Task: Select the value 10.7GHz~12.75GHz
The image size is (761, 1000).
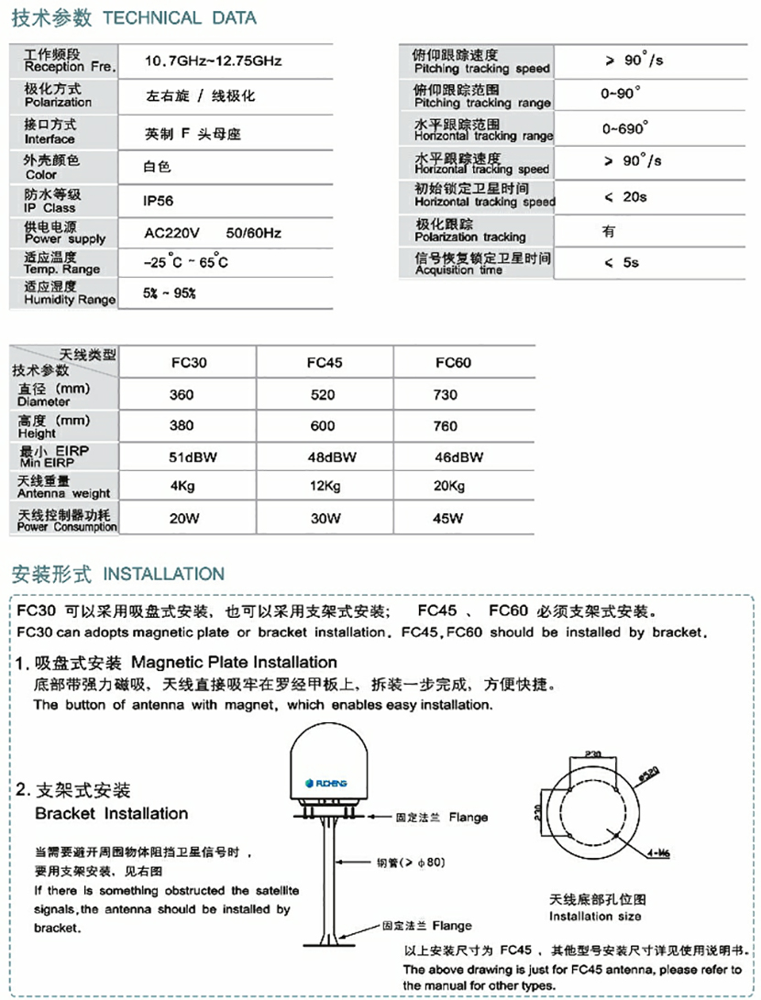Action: pos(213,61)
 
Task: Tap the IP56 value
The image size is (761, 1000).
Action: pos(159,201)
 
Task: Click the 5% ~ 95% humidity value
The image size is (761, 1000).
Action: pos(171,294)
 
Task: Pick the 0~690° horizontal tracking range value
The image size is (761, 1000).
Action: pos(625,128)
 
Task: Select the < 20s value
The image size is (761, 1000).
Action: pos(625,196)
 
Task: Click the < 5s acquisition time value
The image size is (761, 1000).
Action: pos(622,262)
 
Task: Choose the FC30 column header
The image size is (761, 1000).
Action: pos(189,362)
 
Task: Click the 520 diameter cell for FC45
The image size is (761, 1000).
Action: pos(325,394)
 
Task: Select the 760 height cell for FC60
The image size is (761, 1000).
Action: pos(446,425)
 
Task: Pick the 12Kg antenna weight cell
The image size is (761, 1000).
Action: pos(325,486)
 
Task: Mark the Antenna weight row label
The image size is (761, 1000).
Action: pos(63,487)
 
